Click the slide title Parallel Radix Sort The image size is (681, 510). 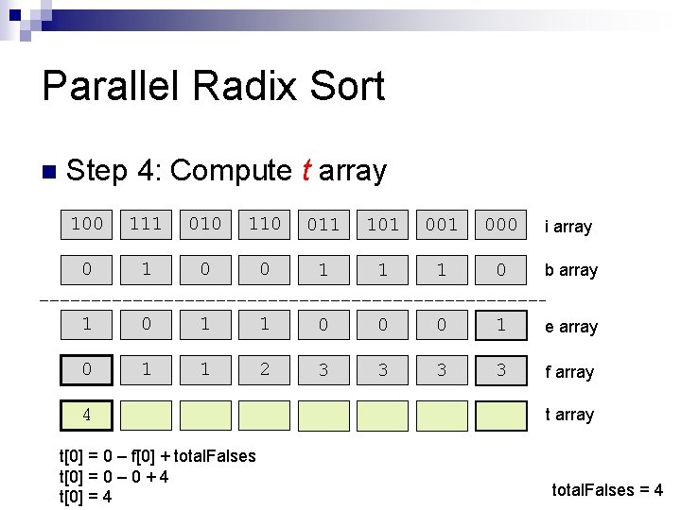click(214, 86)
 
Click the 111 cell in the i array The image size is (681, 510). click(146, 224)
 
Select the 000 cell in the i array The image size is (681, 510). click(500, 224)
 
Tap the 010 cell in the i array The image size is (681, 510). click(205, 224)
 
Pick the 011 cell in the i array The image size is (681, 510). click(323, 224)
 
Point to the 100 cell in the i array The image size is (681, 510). click(87, 224)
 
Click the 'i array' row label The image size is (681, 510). click(567, 227)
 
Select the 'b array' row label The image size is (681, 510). click(571, 270)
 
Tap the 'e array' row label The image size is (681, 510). click(571, 327)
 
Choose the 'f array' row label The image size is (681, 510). click(569, 372)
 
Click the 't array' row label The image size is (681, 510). click(569, 415)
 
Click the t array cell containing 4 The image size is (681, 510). click(87, 415)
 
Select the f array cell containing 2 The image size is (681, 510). click(264, 369)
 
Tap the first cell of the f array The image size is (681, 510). click(87, 369)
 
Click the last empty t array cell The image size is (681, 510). click(500, 415)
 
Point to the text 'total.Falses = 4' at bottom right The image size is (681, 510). click(607, 490)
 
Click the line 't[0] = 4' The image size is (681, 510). click(85, 497)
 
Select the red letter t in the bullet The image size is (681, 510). click(306, 171)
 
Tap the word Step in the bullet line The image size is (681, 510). click(98, 171)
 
